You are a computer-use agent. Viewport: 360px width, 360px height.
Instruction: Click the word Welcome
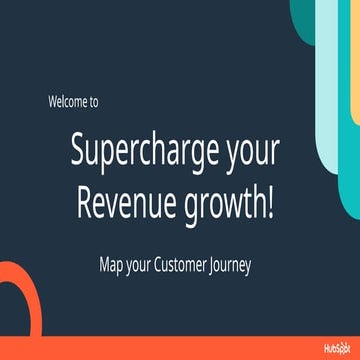click(x=68, y=102)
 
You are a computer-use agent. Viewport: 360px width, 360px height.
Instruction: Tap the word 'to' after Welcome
click(x=93, y=102)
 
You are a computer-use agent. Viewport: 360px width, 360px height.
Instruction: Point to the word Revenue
click(x=124, y=204)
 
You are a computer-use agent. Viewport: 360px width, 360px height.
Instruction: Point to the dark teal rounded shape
click(x=300, y=15)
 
